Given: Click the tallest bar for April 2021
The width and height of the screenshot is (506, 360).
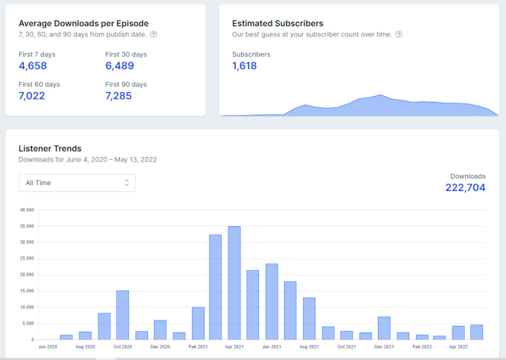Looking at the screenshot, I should [234, 283].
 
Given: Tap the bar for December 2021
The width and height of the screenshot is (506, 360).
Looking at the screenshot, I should [384, 328].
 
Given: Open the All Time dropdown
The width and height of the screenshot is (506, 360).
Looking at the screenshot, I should [77, 182].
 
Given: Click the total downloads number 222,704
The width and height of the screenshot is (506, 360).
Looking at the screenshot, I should [465, 188].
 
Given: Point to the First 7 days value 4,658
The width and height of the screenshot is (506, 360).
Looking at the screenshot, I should [33, 66].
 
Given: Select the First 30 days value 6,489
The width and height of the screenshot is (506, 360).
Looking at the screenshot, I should [120, 66].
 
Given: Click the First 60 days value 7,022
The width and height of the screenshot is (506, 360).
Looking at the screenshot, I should [33, 96].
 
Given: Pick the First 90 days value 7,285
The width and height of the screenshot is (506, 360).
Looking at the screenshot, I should [120, 96].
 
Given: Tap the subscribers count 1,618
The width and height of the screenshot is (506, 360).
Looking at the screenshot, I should [244, 66].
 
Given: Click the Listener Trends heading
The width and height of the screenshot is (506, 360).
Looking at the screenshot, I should [50, 149].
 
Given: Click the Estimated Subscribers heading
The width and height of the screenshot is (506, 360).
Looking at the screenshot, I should [278, 24].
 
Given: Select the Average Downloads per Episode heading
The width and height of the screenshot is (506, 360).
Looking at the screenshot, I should [83, 23].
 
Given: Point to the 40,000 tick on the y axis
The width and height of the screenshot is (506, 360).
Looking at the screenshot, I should [27, 210].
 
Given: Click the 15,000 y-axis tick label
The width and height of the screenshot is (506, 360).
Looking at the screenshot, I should [27, 291].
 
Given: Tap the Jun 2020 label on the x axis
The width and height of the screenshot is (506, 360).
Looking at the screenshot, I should [48, 347].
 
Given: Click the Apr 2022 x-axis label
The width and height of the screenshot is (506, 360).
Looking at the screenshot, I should [458, 347].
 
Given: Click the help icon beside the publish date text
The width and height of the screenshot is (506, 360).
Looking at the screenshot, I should [154, 34].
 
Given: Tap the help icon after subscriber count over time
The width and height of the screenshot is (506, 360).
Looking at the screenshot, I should [399, 34].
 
